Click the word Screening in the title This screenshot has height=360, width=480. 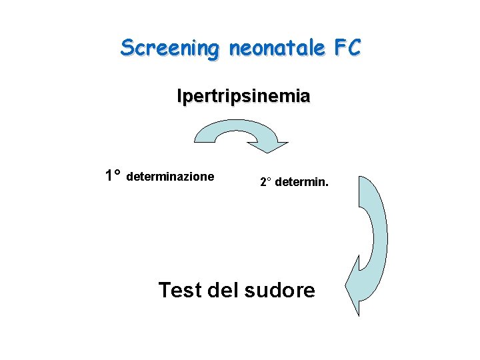tap(169, 48)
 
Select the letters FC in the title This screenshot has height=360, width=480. tap(347, 47)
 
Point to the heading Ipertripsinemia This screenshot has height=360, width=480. tap(243, 97)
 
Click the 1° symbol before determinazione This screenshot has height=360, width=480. tap(113, 176)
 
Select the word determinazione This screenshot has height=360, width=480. tap(170, 177)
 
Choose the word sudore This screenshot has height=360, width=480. tap(280, 291)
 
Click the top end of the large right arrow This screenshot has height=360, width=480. tap(362, 179)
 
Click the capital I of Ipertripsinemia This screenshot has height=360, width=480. tap(179, 97)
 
